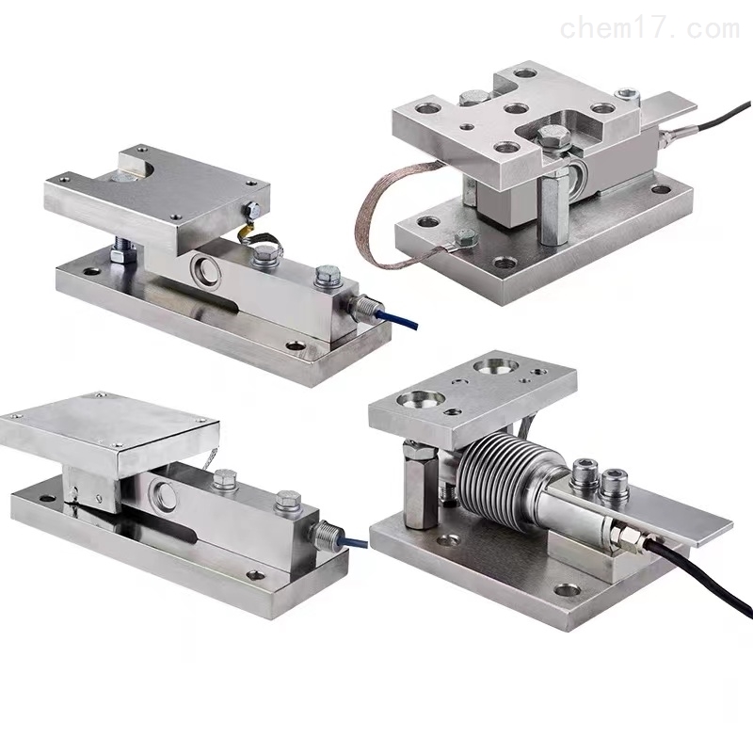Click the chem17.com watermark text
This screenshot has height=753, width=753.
[649, 29]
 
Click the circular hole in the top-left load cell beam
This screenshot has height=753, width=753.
[206, 265]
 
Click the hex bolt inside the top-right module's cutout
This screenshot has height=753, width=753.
[553, 136]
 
